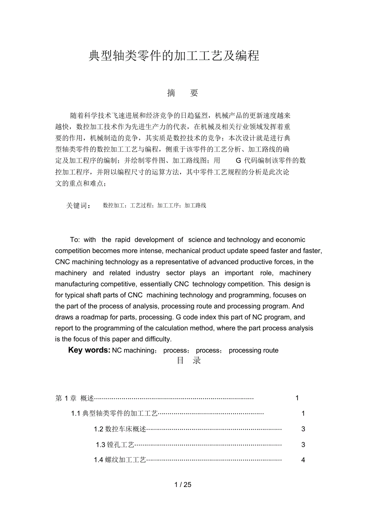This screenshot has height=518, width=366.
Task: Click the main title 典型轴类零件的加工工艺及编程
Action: (x=174, y=56)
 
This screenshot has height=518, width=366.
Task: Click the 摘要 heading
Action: (x=183, y=93)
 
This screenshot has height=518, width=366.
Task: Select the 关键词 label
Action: (x=78, y=206)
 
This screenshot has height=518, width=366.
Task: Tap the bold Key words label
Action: (x=89, y=350)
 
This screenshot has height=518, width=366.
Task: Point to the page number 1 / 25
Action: (x=183, y=485)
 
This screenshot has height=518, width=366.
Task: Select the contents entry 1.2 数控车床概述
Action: (x=120, y=429)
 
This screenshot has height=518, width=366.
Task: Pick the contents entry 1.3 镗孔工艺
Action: (x=115, y=445)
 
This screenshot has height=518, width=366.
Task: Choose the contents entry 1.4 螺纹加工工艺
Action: (x=120, y=460)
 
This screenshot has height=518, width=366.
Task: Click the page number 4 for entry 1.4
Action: (x=303, y=460)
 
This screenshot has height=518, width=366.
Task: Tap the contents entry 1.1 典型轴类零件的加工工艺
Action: (x=115, y=414)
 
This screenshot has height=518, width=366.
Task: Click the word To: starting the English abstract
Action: (x=75, y=240)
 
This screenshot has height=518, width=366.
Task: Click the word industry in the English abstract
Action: (x=148, y=273)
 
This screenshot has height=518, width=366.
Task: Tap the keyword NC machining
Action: (x=133, y=351)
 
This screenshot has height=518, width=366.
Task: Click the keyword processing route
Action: (x=253, y=351)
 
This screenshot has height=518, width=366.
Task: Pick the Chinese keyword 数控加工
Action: (x=114, y=206)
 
